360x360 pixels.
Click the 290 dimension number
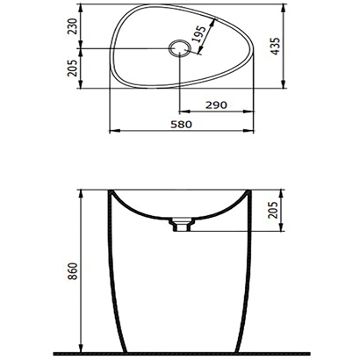(x=227, y=104)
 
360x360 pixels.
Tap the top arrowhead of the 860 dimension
(x=81, y=191)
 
